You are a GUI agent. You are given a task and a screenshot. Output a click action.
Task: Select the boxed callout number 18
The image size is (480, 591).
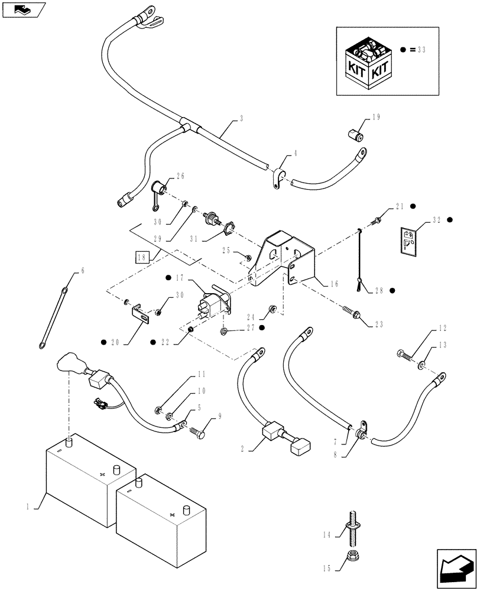click(141, 256)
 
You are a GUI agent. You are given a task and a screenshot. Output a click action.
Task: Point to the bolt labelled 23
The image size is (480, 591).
click(351, 314)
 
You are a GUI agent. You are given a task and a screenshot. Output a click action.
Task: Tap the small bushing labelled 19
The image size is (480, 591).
click(355, 137)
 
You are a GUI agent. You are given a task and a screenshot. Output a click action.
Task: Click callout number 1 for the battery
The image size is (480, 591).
click(28, 506)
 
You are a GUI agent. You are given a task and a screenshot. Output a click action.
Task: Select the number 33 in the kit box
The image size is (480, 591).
click(421, 51)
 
